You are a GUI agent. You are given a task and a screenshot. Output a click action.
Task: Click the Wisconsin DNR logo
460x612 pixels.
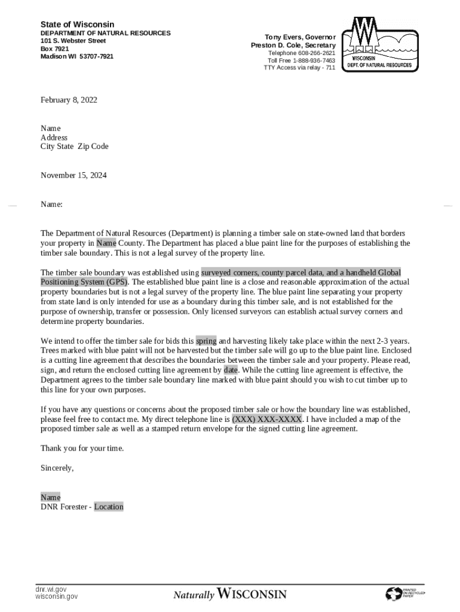click(379, 44)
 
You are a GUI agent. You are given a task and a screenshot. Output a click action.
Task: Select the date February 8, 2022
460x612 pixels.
click(69, 100)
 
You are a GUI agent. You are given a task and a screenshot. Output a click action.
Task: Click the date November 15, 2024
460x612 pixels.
click(73, 175)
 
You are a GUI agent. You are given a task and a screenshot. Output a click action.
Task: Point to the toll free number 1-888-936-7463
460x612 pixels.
click(301, 60)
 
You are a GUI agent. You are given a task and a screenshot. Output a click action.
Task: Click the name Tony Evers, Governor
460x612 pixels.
click(300, 37)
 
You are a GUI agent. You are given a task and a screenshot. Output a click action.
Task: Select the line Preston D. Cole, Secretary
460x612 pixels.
click(293, 45)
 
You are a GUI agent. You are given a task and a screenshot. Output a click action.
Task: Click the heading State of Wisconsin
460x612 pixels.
click(77, 25)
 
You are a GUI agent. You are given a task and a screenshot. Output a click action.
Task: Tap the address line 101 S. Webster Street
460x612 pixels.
click(73, 41)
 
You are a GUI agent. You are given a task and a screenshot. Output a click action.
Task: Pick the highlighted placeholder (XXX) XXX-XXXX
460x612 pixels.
click(266, 419)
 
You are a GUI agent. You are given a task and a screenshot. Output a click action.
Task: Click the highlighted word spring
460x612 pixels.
click(206, 341)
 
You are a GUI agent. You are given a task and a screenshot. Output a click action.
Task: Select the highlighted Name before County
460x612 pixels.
click(106, 243)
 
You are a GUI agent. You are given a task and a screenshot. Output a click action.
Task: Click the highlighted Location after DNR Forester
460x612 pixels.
click(109, 507)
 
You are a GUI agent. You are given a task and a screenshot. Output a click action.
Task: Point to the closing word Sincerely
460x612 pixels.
click(57, 468)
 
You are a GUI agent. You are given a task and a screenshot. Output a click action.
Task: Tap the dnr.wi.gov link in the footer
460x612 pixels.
click(51, 589)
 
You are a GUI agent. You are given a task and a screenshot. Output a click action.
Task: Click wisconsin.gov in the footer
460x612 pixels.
click(56, 596)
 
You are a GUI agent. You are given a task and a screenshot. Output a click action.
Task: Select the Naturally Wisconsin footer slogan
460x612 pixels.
click(230, 594)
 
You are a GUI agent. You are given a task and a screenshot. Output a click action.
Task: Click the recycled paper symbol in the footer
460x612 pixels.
click(394, 593)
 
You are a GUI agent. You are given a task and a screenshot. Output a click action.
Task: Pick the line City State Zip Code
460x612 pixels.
click(75, 146)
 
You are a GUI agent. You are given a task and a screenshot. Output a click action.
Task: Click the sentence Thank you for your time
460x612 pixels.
click(82, 448)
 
